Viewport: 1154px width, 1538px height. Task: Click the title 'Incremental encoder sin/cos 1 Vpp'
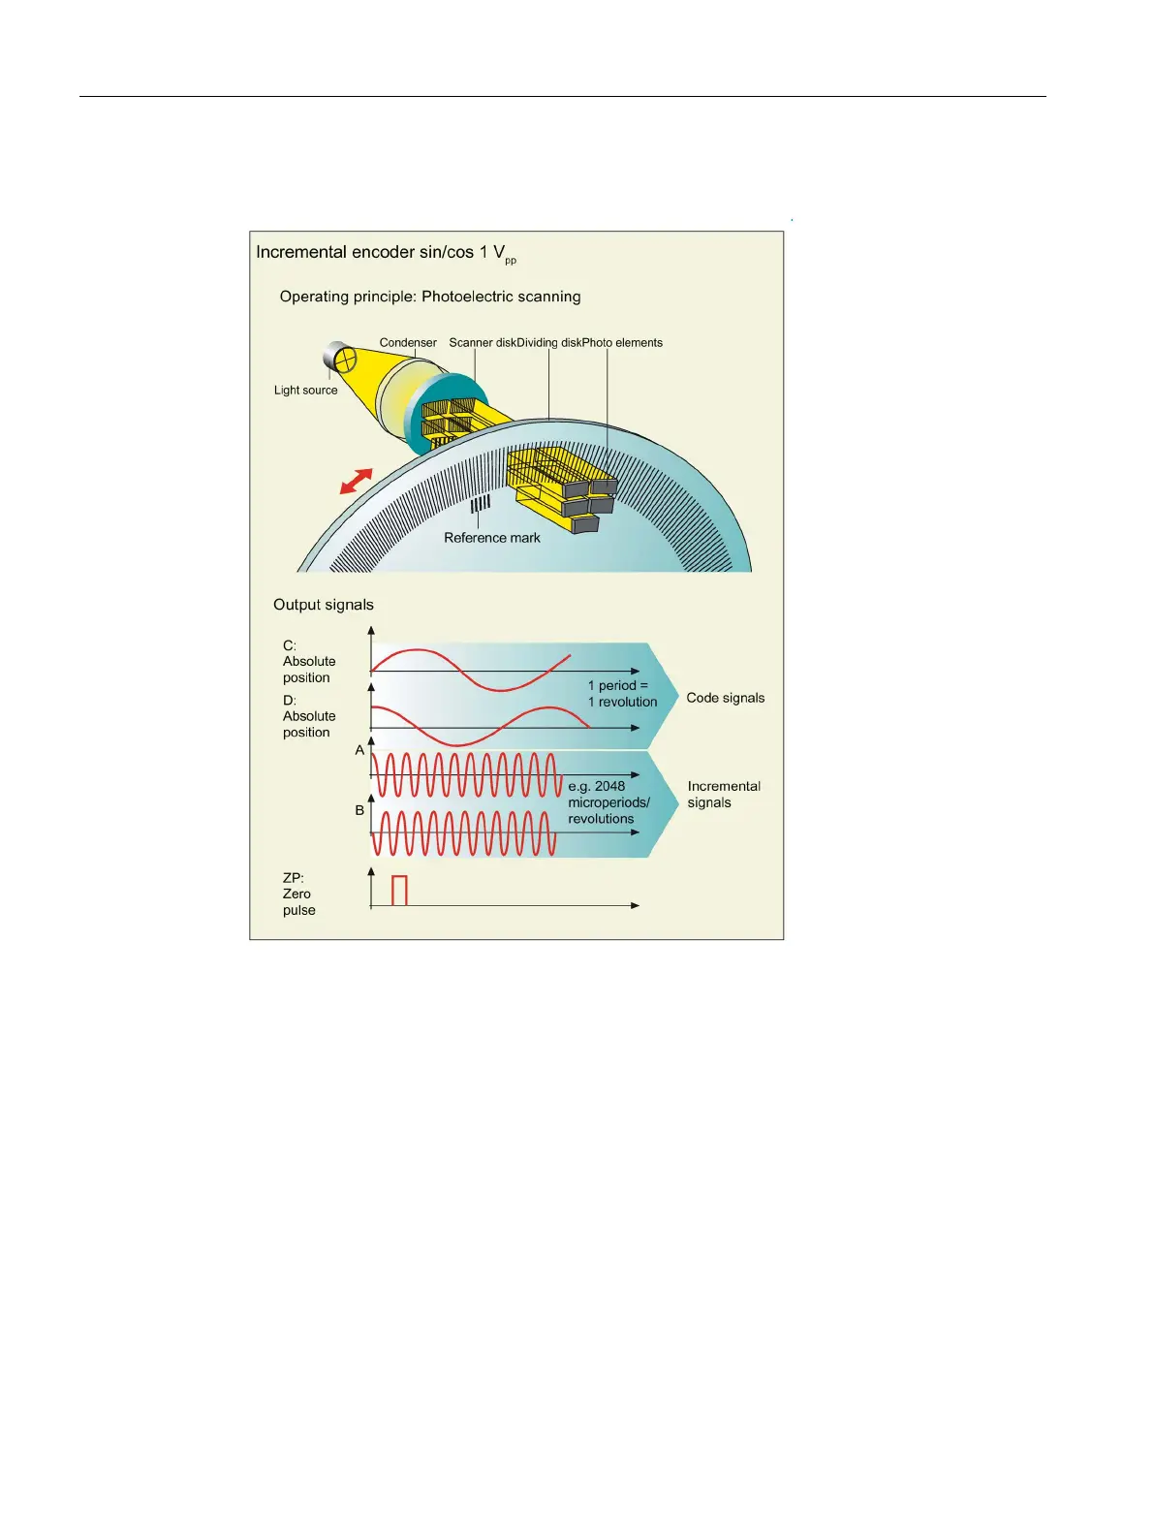[385, 253]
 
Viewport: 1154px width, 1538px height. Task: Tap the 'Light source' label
[305, 391]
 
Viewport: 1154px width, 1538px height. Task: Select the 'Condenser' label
[408, 343]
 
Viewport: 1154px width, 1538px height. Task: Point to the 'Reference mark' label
[492, 538]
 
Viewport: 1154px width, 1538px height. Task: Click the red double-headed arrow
[357, 481]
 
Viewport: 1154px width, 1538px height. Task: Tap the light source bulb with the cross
[345, 360]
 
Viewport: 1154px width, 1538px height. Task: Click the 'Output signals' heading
[323, 605]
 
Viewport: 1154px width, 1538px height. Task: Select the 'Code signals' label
[725, 698]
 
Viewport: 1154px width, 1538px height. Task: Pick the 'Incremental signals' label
[723, 795]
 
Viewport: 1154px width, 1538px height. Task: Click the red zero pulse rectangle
[399, 890]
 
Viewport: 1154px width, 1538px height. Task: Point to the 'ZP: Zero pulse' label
[298, 895]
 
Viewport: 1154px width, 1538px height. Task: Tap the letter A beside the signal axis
[359, 750]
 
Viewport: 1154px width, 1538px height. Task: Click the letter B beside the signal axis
[359, 810]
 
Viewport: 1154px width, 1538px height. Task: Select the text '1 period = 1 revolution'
[622, 694]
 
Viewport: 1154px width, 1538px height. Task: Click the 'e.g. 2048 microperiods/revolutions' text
[608, 802]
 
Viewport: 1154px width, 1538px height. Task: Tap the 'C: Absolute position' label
[308, 662]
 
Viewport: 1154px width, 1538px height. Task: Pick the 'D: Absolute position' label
[308, 716]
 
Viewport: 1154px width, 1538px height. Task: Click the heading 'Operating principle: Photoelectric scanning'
[430, 297]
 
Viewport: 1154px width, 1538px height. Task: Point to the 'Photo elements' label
[623, 343]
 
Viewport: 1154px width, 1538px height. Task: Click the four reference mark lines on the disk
[480, 504]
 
